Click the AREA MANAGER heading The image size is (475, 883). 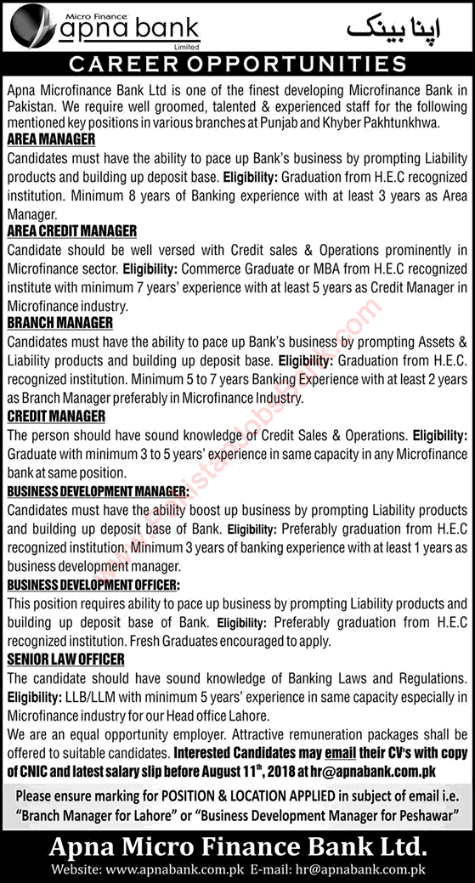coord(51,139)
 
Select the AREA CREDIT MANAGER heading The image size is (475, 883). coord(71,230)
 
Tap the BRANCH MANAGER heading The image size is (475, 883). coord(59,323)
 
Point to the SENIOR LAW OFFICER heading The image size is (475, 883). coord(65,659)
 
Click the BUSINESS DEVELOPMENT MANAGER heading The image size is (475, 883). coord(98,491)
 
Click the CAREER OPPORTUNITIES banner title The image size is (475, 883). coord(237,64)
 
